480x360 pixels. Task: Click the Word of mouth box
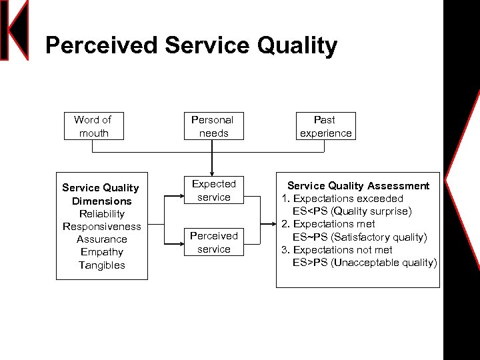pyautogui.click(x=93, y=126)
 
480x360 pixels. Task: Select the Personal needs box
pyautogui.click(x=212, y=126)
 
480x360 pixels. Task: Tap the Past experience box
pyautogui.click(x=325, y=126)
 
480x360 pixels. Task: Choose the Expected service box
pyautogui.click(x=213, y=191)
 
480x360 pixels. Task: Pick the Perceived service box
pyautogui.click(x=213, y=242)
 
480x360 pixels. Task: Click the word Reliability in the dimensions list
pyautogui.click(x=101, y=214)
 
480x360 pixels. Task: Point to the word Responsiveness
pyautogui.click(x=101, y=227)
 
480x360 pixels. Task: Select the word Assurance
pyautogui.click(x=101, y=239)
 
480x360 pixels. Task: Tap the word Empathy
pyautogui.click(x=101, y=252)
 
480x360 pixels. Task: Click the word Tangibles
pyautogui.click(x=101, y=265)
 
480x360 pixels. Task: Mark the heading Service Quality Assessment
pyautogui.click(x=358, y=186)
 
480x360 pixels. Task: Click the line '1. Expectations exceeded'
pyautogui.click(x=342, y=199)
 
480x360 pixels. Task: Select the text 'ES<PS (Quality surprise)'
pyautogui.click(x=352, y=211)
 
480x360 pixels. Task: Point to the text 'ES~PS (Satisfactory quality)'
pyautogui.click(x=359, y=237)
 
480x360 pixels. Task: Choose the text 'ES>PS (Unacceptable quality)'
pyautogui.click(x=364, y=263)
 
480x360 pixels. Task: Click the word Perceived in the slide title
pyautogui.click(x=101, y=46)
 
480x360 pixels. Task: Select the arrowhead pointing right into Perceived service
pyautogui.click(x=182, y=249)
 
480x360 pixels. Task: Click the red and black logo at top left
pyautogui.click(x=15, y=30)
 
